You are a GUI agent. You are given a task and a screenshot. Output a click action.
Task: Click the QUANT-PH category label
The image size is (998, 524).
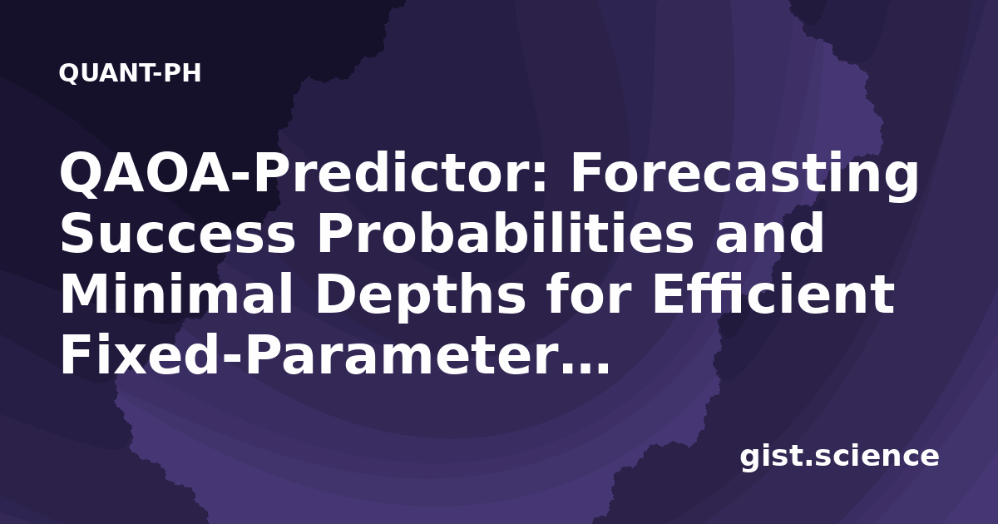click(130, 73)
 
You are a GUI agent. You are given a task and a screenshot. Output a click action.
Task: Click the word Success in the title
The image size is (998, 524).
click(177, 234)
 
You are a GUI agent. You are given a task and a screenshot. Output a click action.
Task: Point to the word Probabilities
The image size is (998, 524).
click(505, 233)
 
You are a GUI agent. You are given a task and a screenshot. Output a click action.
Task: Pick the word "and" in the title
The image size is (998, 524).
click(769, 233)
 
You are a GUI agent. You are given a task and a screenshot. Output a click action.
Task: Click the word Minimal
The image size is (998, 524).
click(176, 294)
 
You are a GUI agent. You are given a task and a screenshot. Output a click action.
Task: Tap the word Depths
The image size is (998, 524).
click(421, 296)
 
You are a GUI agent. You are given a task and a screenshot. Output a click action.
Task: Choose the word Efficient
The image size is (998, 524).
click(773, 294)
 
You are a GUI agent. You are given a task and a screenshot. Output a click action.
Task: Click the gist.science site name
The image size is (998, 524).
click(839, 457)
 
